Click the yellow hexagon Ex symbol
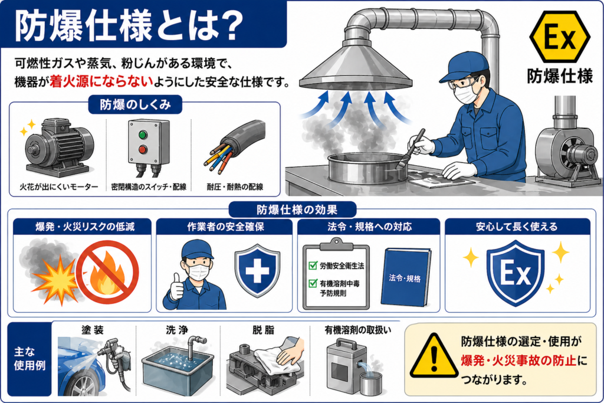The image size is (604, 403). click(559, 37)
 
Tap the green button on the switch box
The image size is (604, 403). click(143, 135)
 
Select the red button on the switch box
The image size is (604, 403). click(143, 149)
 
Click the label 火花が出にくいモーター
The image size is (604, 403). click(59, 187)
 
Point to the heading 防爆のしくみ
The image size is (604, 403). click(135, 104)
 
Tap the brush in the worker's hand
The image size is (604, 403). click(412, 148)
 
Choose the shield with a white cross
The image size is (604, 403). click(257, 270)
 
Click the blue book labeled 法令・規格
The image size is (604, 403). click(405, 277)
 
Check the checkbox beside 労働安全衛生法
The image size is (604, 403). click(313, 265)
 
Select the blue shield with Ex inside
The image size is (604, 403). click(516, 273)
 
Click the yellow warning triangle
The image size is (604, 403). click(434, 356)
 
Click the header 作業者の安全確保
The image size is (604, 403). click(226, 227)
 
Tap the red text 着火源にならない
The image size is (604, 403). click(101, 81)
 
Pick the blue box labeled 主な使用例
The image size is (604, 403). click(29, 359)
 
